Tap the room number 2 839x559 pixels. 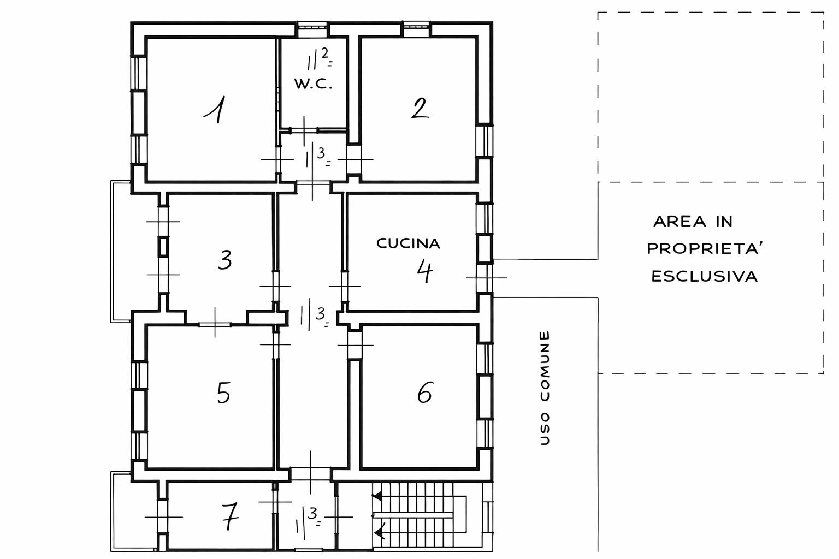click(419, 108)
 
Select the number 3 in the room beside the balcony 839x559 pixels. click(225, 260)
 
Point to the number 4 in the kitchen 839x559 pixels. click(425, 272)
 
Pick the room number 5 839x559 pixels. click(223, 393)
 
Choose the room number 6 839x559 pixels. click(425, 393)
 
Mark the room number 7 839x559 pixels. click(230, 516)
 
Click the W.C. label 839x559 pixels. click(313, 84)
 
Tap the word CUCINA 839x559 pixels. click(408, 243)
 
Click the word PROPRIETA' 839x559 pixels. click(705, 248)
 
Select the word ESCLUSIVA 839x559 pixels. click(705, 277)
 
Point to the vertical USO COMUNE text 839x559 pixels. click(545, 388)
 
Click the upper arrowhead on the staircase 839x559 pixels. click(377, 497)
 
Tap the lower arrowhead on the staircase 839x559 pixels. click(380, 532)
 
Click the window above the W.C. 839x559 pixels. click(312, 29)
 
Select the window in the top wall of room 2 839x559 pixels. click(416, 29)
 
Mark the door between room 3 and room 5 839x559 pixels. click(215, 324)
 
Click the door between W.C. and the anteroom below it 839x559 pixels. click(304, 130)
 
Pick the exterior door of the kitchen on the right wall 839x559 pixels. click(485, 278)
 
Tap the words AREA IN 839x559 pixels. click(693, 221)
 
